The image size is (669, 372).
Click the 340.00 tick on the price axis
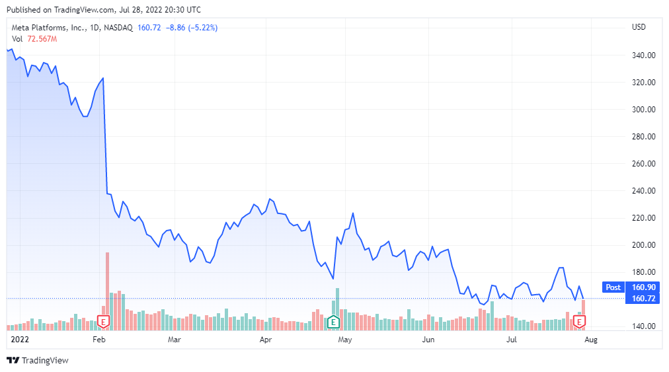643,56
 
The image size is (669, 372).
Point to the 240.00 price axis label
643,191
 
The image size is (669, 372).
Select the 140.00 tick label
643,326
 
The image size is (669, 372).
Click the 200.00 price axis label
643,245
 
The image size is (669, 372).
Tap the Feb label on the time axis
98,340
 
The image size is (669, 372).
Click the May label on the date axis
344,340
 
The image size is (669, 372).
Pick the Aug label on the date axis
591,340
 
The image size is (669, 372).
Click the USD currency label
639,27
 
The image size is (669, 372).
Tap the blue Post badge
613,287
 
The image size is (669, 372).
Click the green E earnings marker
334,322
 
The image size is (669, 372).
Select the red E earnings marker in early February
103,322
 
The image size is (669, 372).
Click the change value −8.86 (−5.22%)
192,28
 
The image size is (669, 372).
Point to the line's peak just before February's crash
103,79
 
